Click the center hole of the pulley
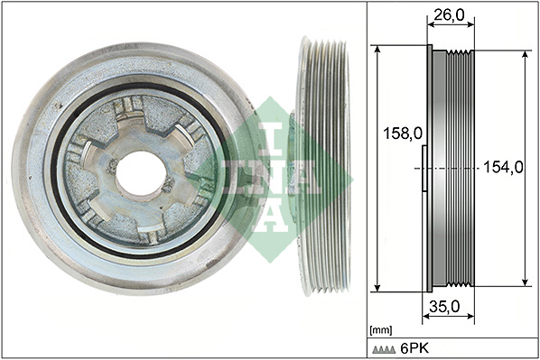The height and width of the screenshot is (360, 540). point(140,173)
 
